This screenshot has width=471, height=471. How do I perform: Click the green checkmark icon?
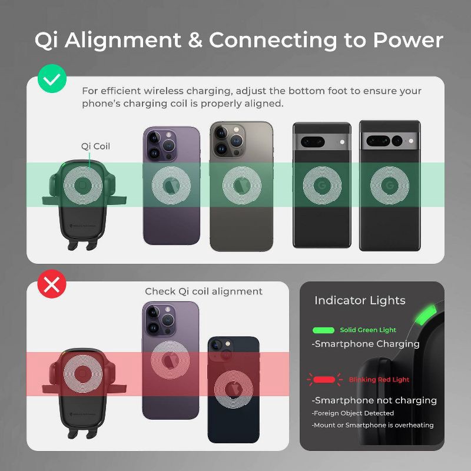pyautogui.click(x=52, y=79)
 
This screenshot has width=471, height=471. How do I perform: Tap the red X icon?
pyautogui.click(x=52, y=285)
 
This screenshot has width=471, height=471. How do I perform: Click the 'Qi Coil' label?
pyautogui.click(x=95, y=146)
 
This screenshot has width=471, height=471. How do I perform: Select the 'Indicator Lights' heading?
pyautogui.click(x=360, y=300)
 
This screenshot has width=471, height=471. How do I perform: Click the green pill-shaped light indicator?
pyautogui.click(x=323, y=330)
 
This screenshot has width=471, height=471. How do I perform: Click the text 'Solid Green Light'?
pyautogui.click(x=368, y=330)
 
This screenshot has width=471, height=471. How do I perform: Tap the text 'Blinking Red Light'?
pyautogui.click(x=379, y=380)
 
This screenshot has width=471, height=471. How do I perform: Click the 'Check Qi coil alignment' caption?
pyautogui.click(x=204, y=291)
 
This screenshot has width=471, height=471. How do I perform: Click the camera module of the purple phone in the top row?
pyautogui.click(x=160, y=144)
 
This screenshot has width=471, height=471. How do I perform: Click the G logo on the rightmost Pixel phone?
pyautogui.click(x=389, y=186)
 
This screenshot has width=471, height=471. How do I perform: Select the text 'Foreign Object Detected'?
pyautogui.click(x=353, y=413)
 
